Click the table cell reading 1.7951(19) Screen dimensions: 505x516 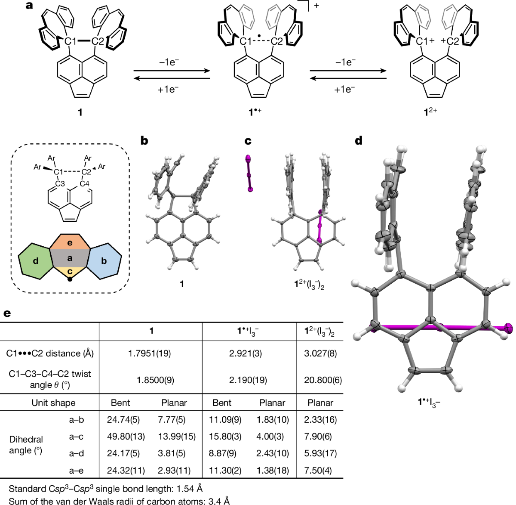click(x=149, y=353)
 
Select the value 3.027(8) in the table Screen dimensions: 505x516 click(x=320, y=353)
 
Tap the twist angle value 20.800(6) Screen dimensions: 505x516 click(x=322, y=380)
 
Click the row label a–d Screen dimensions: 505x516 click(x=77, y=453)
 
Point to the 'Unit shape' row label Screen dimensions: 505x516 click(x=53, y=403)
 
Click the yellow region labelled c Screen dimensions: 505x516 click(x=70, y=272)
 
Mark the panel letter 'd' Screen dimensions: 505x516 click(x=359, y=140)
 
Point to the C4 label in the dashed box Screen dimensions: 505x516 click(x=84, y=184)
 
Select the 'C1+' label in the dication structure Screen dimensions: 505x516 click(x=426, y=41)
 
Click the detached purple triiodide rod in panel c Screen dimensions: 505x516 click(x=249, y=173)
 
